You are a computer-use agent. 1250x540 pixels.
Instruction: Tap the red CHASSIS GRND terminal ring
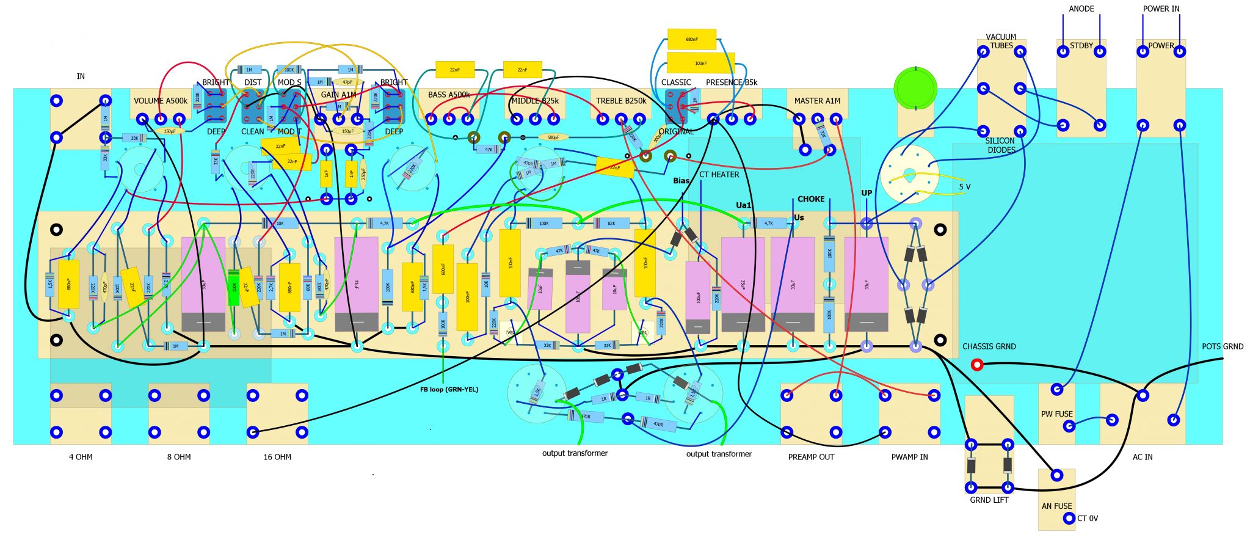(x=976, y=365)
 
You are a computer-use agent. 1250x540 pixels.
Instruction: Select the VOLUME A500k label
(x=161, y=101)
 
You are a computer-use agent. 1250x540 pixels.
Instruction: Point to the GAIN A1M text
(x=338, y=95)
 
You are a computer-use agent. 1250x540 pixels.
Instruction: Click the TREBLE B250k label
(x=621, y=101)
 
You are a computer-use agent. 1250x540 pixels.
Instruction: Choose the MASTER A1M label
(x=817, y=101)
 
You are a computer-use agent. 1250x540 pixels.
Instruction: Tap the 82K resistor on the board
(x=611, y=224)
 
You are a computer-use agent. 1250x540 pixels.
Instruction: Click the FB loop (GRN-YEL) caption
(x=449, y=389)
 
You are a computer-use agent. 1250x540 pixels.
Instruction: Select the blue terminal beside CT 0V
(x=1069, y=518)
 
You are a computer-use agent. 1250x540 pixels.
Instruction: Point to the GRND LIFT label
(x=989, y=500)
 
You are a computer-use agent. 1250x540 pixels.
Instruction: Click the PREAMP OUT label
(x=811, y=457)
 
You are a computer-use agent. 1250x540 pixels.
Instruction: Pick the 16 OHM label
(x=277, y=457)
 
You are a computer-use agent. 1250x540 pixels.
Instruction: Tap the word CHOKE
(x=811, y=199)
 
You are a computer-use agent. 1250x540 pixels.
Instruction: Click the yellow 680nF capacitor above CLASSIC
(x=691, y=39)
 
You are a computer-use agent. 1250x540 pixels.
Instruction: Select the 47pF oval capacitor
(x=347, y=82)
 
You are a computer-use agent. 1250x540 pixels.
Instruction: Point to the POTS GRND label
(x=1223, y=346)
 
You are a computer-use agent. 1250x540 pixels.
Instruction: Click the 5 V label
(x=964, y=187)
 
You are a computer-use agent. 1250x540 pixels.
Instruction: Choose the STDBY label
(x=1081, y=46)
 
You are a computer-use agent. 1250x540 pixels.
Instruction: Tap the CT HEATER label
(x=719, y=175)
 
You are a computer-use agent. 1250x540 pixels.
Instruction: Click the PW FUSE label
(x=1056, y=414)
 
